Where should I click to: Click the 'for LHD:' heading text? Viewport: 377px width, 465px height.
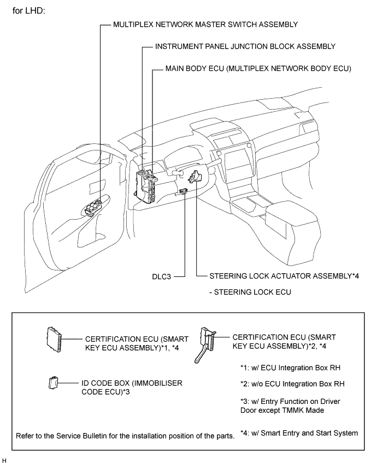click(32, 10)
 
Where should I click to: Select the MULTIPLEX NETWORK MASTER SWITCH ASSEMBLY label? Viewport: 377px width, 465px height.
click(205, 25)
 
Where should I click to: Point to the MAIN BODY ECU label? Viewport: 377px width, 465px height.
click(258, 70)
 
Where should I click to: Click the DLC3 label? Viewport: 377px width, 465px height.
click(163, 277)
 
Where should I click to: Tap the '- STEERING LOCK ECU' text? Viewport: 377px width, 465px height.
click(249, 292)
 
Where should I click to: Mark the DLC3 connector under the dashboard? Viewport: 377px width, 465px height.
click(183, 191)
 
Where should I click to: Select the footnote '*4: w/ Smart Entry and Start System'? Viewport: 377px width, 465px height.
click(299, 433)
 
